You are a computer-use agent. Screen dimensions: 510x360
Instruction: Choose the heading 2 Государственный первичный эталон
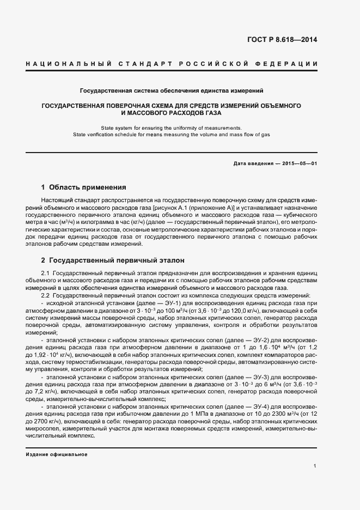coord(113,260)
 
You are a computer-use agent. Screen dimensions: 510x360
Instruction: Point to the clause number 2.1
coord(46,273)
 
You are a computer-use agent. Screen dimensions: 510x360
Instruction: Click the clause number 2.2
coord(46,295)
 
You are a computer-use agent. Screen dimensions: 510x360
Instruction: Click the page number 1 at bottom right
coord(315,466)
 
